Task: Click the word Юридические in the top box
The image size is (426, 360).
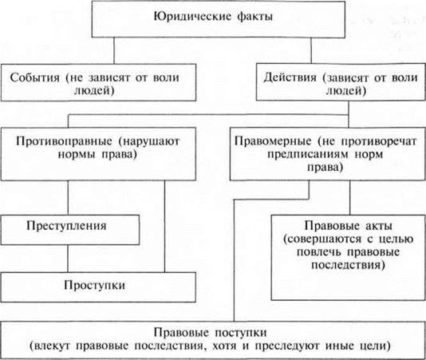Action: point(192,17)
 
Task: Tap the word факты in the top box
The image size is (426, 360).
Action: point(255,17)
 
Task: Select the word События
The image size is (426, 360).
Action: point(35,77)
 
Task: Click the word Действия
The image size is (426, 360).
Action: point(290,77)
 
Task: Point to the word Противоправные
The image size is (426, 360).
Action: point(64,141)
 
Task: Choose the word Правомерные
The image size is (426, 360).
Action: point(273,141)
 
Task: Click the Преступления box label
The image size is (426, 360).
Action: point(66,226)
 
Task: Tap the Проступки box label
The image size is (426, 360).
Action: point(95,285)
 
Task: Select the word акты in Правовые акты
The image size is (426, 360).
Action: point(377,226)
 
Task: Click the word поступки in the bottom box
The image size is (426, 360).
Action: point(241,333)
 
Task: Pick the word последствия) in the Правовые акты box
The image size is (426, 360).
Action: point(348,264)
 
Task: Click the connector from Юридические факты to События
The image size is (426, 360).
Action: point(114,50)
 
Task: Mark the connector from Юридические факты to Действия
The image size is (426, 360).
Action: point(311,50)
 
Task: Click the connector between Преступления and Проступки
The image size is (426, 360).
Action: point(68,259)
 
